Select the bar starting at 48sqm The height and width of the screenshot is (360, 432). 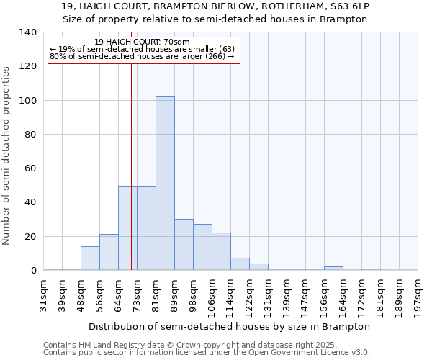tap(90, 258)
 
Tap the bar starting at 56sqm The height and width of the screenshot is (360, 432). tap(109, 252)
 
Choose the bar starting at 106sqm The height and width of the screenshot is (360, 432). tap(221, 251)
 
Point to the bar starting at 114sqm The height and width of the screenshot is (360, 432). tap(240, 264)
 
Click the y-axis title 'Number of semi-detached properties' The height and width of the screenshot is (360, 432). tap(7, 155)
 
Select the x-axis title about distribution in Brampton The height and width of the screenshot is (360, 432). tap(230, 326)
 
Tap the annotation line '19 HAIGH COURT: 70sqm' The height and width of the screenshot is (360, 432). tap(142, 42)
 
